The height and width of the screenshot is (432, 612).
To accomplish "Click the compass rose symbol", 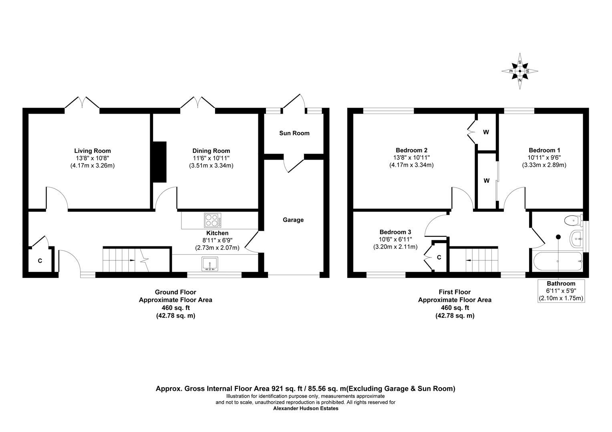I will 520,71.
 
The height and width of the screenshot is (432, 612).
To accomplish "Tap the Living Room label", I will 93,151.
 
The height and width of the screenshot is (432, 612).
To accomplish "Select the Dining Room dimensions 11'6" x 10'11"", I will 211,158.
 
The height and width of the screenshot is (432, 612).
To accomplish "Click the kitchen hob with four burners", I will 213,220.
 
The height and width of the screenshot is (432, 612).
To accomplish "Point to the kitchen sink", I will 210,264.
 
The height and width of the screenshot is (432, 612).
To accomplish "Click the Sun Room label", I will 294,133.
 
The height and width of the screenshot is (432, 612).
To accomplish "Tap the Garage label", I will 293,220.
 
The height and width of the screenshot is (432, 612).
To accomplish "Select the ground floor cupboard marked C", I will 40,261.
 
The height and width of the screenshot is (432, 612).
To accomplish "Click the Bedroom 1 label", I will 544,150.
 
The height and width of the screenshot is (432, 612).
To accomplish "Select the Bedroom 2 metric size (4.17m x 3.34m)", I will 411,165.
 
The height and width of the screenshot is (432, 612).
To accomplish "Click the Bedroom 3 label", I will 395,232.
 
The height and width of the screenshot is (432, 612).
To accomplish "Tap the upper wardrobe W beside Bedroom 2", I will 486,132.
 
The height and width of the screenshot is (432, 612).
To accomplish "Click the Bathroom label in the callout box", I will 562,284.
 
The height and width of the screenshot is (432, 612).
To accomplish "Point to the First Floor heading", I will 455,292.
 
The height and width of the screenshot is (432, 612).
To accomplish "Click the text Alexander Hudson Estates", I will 306,408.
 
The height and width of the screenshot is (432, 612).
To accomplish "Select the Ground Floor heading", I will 175,292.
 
